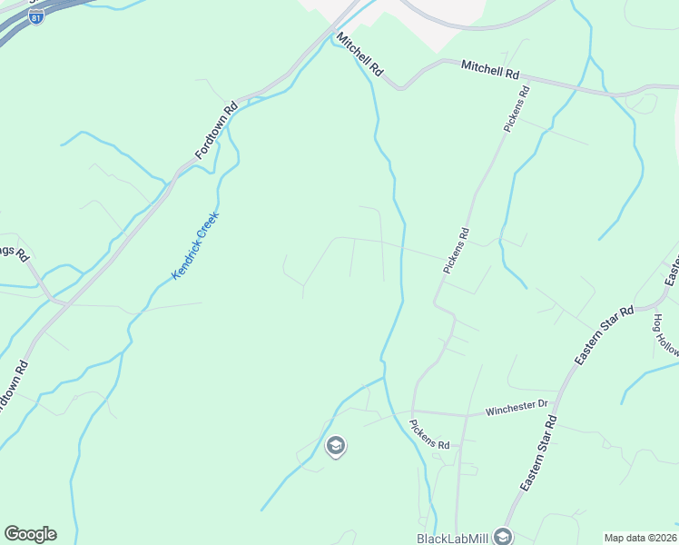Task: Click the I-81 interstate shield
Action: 35,18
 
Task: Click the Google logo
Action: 30,534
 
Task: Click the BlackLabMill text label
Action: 453,537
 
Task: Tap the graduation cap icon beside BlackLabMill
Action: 503,537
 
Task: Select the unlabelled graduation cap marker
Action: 335,445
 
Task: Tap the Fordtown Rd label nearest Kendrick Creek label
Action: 215,130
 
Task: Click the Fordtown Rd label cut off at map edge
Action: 11,387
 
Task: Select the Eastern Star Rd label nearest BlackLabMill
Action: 538,453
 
